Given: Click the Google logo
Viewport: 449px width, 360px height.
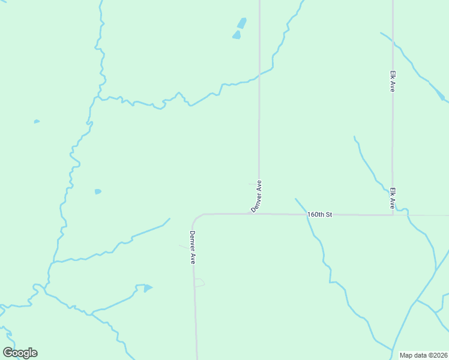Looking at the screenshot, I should pos(20,353).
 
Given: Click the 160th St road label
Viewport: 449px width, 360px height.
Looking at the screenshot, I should pos(319,214).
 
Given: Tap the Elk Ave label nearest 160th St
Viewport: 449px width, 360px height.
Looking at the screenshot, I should pos(393,198).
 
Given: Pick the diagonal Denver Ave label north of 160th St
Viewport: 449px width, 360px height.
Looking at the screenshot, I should pos(257,196).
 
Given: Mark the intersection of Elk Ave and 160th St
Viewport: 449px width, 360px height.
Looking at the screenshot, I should pos(393,215).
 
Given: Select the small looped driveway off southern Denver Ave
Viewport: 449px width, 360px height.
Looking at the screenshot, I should pos(199,282).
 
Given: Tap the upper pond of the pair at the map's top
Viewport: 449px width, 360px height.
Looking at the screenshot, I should pos(241,23).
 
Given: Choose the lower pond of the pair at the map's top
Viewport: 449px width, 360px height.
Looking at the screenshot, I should pos(237,35).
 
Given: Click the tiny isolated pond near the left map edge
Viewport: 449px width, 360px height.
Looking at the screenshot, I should pos(37,121).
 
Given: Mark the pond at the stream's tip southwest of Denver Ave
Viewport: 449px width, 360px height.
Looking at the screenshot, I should pos(147,288).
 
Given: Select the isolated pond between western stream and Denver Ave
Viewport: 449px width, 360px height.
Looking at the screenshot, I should pos(98,191).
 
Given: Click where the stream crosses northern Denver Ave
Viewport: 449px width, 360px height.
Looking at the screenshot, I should pos(259,74).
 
